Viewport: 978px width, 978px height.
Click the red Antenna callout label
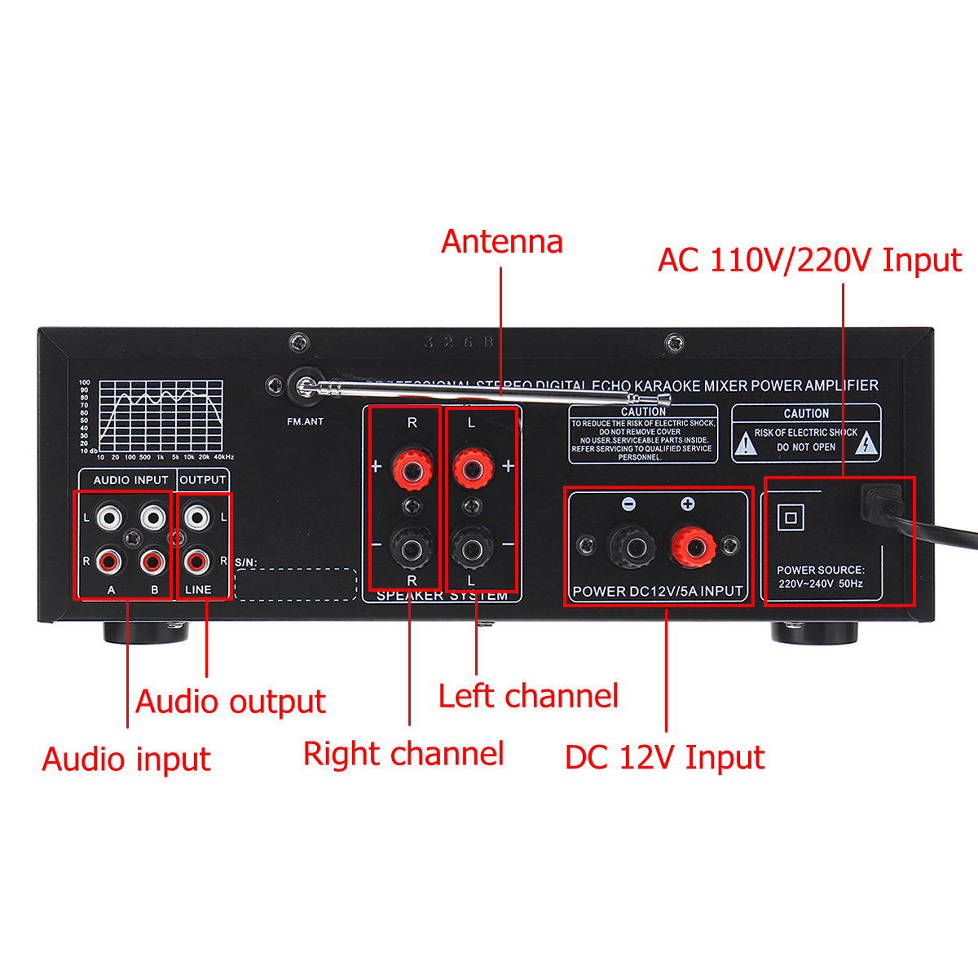(x=502, y=242)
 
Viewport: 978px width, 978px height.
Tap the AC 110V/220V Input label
(x=809, y=261)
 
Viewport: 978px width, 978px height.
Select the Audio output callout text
(x=231, y=702)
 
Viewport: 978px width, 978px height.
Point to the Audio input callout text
(x=126, y=760)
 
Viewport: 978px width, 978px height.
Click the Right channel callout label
(x=403, y=754)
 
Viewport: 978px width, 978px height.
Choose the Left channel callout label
(x=528, y=697)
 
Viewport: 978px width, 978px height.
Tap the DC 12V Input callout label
(x=664, y=758)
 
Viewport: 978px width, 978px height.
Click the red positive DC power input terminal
(x=692, y=545)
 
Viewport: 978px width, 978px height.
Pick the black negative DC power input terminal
(x=629, y=545)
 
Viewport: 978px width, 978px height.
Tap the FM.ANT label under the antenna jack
(x=305, y=421)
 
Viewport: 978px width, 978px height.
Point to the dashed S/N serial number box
(x=295, y=584)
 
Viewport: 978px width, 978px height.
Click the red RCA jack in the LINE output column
(x=196, y=561)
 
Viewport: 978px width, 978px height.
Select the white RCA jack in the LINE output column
(x=196, y=517)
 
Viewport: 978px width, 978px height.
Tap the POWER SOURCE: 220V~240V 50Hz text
(x=820, y=577)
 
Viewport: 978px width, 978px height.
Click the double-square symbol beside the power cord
(x=791, y=518)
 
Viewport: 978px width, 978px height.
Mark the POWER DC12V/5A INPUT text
(x=658, y=591)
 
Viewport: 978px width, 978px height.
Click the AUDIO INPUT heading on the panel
(x=130, y=480)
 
